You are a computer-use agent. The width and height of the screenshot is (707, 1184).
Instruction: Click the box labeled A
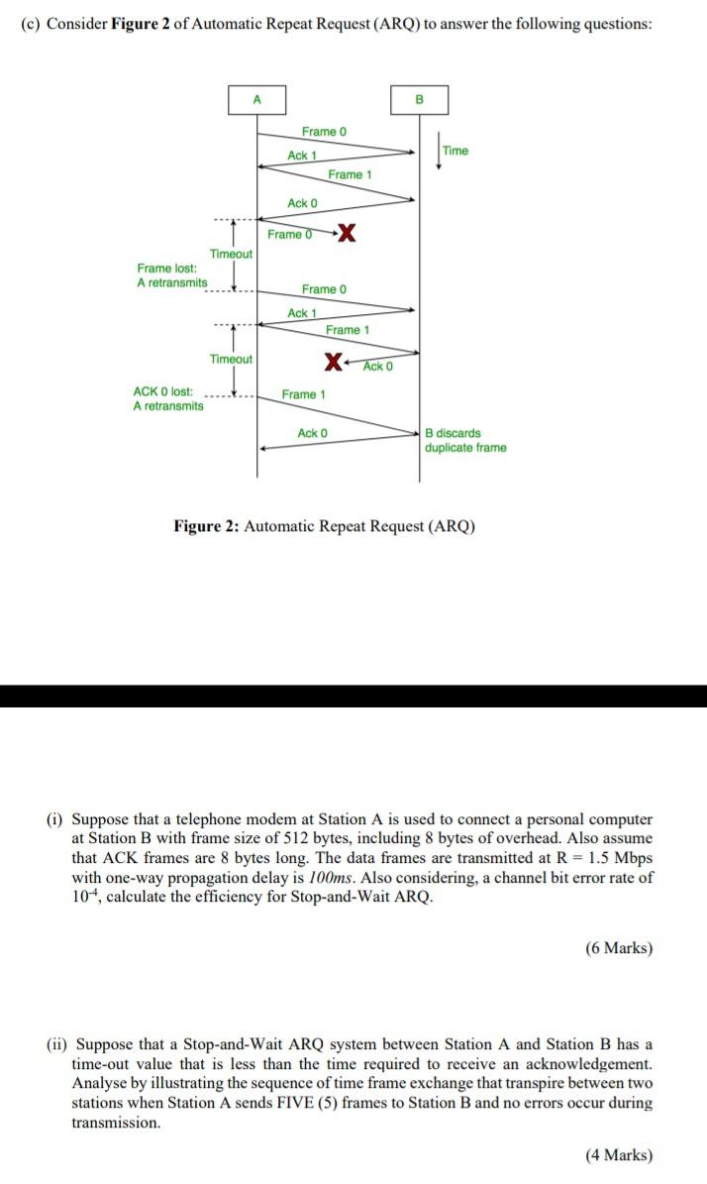pyautogui.click(x=257, y=99)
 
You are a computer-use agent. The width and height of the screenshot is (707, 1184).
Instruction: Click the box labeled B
pyautogui.click(x=418, y=99)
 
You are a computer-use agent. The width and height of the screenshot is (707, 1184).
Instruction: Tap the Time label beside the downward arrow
pyautogui.click(x=455, y=151)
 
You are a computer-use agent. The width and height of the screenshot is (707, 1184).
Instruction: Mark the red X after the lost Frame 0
pyautogui.click(x=347, y=234)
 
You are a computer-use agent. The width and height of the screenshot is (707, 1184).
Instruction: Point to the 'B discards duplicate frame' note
pyautogui.click(x=465, y=440)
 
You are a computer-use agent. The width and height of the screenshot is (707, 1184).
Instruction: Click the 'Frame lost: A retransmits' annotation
pyautogui.click(x=171, y=275)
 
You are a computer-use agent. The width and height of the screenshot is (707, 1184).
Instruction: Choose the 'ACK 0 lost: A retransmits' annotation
pyautogui.click(x=168, y=398)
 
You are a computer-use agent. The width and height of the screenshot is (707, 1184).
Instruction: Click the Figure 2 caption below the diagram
pyautogui.click(x=325, y=526)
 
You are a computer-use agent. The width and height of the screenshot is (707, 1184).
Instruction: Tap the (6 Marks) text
pyautogui.click(x=619, y=948)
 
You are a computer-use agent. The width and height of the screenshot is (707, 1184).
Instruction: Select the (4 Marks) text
pyautogui.click(x=619, y=1154)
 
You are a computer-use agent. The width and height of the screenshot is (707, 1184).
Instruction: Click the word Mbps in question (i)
pyautogui.click(x=633, y=858)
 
